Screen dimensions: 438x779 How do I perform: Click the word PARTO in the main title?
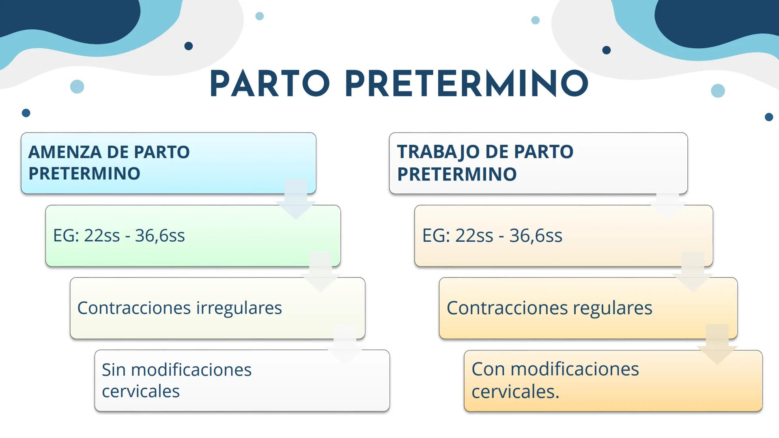(x=270, y=84)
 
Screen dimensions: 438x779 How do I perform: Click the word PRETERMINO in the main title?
(x=467, y=84)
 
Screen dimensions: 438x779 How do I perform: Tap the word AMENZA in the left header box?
(x=65, y=152)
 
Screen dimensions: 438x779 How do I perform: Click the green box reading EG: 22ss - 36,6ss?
(x=193, y=236)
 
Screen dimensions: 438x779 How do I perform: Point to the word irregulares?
(x=239, y=308)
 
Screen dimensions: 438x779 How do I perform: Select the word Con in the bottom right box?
(x=488, y=369)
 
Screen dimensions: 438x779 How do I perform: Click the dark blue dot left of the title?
(x=189, y=46)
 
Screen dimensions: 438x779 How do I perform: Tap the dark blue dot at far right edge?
(x=768, y=117)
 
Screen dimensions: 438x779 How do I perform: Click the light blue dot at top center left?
(x=260, y=16)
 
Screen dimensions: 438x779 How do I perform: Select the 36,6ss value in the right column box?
(x=536, y=236)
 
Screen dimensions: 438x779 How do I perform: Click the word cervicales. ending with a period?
(x=515, y=392)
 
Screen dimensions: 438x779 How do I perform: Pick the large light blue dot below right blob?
(x=718, y=90)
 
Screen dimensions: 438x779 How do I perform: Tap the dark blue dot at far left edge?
(x=26, y=113)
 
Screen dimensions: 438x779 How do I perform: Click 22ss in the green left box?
(x=102, y=236)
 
